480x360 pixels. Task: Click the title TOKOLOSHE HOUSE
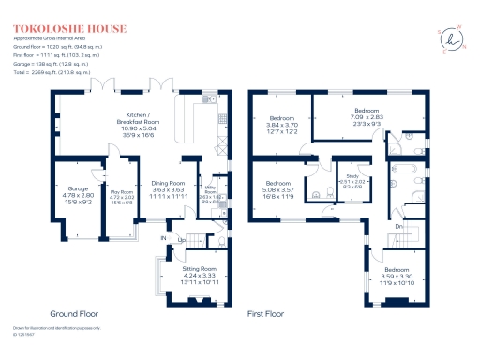click(x=58, y=25)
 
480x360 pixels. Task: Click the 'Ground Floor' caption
click(x=75, y=314)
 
